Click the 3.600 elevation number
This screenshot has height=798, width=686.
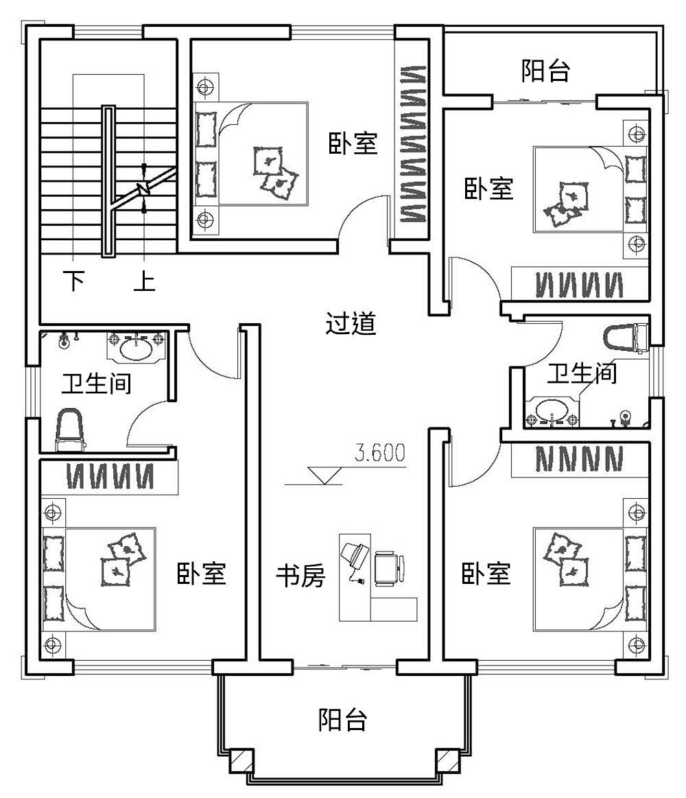coord(379,453)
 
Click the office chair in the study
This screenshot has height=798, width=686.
coord(388,569)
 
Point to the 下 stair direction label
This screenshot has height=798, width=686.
coord(73,281)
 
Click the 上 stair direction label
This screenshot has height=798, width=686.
coord(144,281)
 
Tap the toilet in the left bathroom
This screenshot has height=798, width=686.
coord(69,430)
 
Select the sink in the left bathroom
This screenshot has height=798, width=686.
coord(136,348)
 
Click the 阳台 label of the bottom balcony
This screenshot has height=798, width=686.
coord(343,720)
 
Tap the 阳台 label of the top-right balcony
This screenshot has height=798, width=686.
coord(545,71)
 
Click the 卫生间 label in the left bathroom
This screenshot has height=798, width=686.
coord(96,384)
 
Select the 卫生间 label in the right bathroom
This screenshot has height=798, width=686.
coord(582,374)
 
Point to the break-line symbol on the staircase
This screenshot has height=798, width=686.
coord(143,187)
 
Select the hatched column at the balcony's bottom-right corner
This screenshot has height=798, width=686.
coord(447,760)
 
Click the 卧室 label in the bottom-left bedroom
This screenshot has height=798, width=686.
coord(202,574)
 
